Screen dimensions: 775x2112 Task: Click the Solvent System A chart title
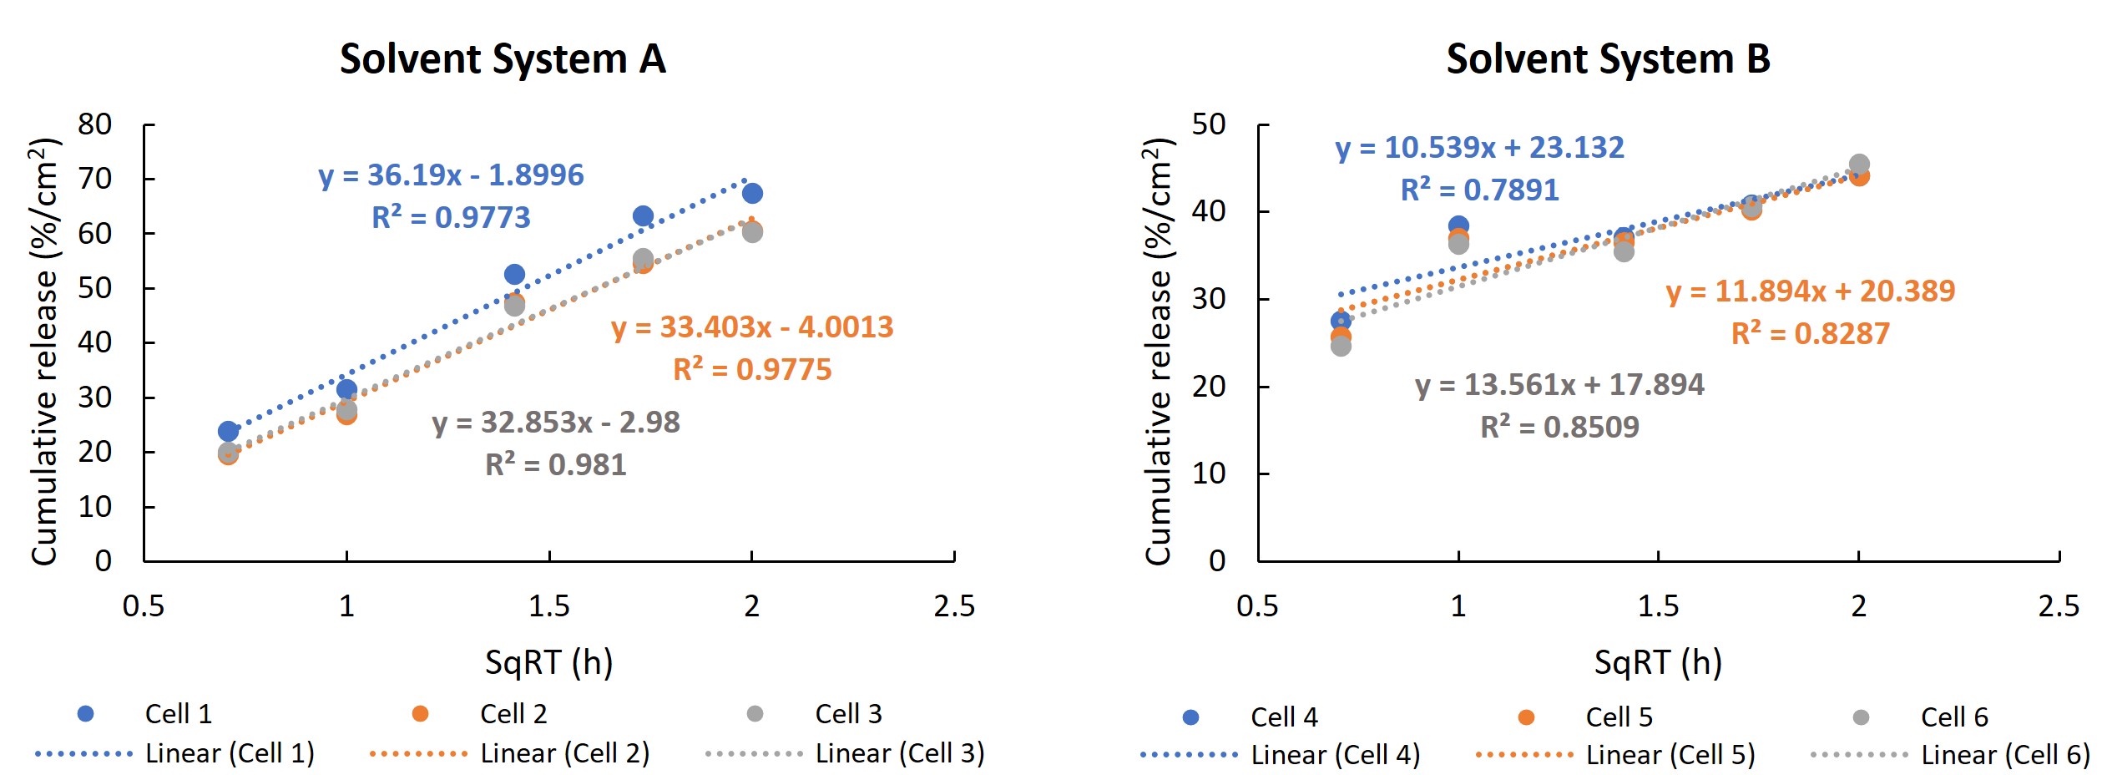[503, 59]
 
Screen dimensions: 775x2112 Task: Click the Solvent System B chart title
[1608, 59]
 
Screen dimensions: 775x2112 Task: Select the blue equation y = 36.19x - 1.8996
[451, 175]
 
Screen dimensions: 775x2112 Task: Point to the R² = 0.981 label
[556, 464]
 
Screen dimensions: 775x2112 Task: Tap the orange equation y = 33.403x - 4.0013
[752, 327]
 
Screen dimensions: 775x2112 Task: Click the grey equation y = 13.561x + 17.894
[1559, 385]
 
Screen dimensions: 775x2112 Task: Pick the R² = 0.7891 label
[1480, 190]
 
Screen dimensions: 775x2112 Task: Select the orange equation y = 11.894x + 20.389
[1811, 291]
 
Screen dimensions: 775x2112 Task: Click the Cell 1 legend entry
[179, 714]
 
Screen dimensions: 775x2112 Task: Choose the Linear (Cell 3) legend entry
[900, 753]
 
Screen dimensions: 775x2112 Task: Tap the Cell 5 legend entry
[1619, 717]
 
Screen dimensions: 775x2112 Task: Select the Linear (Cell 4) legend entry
[1336, 755]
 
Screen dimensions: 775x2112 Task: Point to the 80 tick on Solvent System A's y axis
[95, 124]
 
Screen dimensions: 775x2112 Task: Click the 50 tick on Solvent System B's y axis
[1209, 124]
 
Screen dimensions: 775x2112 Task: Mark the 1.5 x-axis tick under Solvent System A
[549, 605]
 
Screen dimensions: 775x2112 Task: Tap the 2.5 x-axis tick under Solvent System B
[2059, 605]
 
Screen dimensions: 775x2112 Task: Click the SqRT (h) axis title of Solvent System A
[549, 662]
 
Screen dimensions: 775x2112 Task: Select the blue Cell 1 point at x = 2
[752, 194]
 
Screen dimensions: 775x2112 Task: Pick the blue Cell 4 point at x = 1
[1458, 225]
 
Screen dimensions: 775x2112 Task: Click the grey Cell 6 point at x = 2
[1859, 165]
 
